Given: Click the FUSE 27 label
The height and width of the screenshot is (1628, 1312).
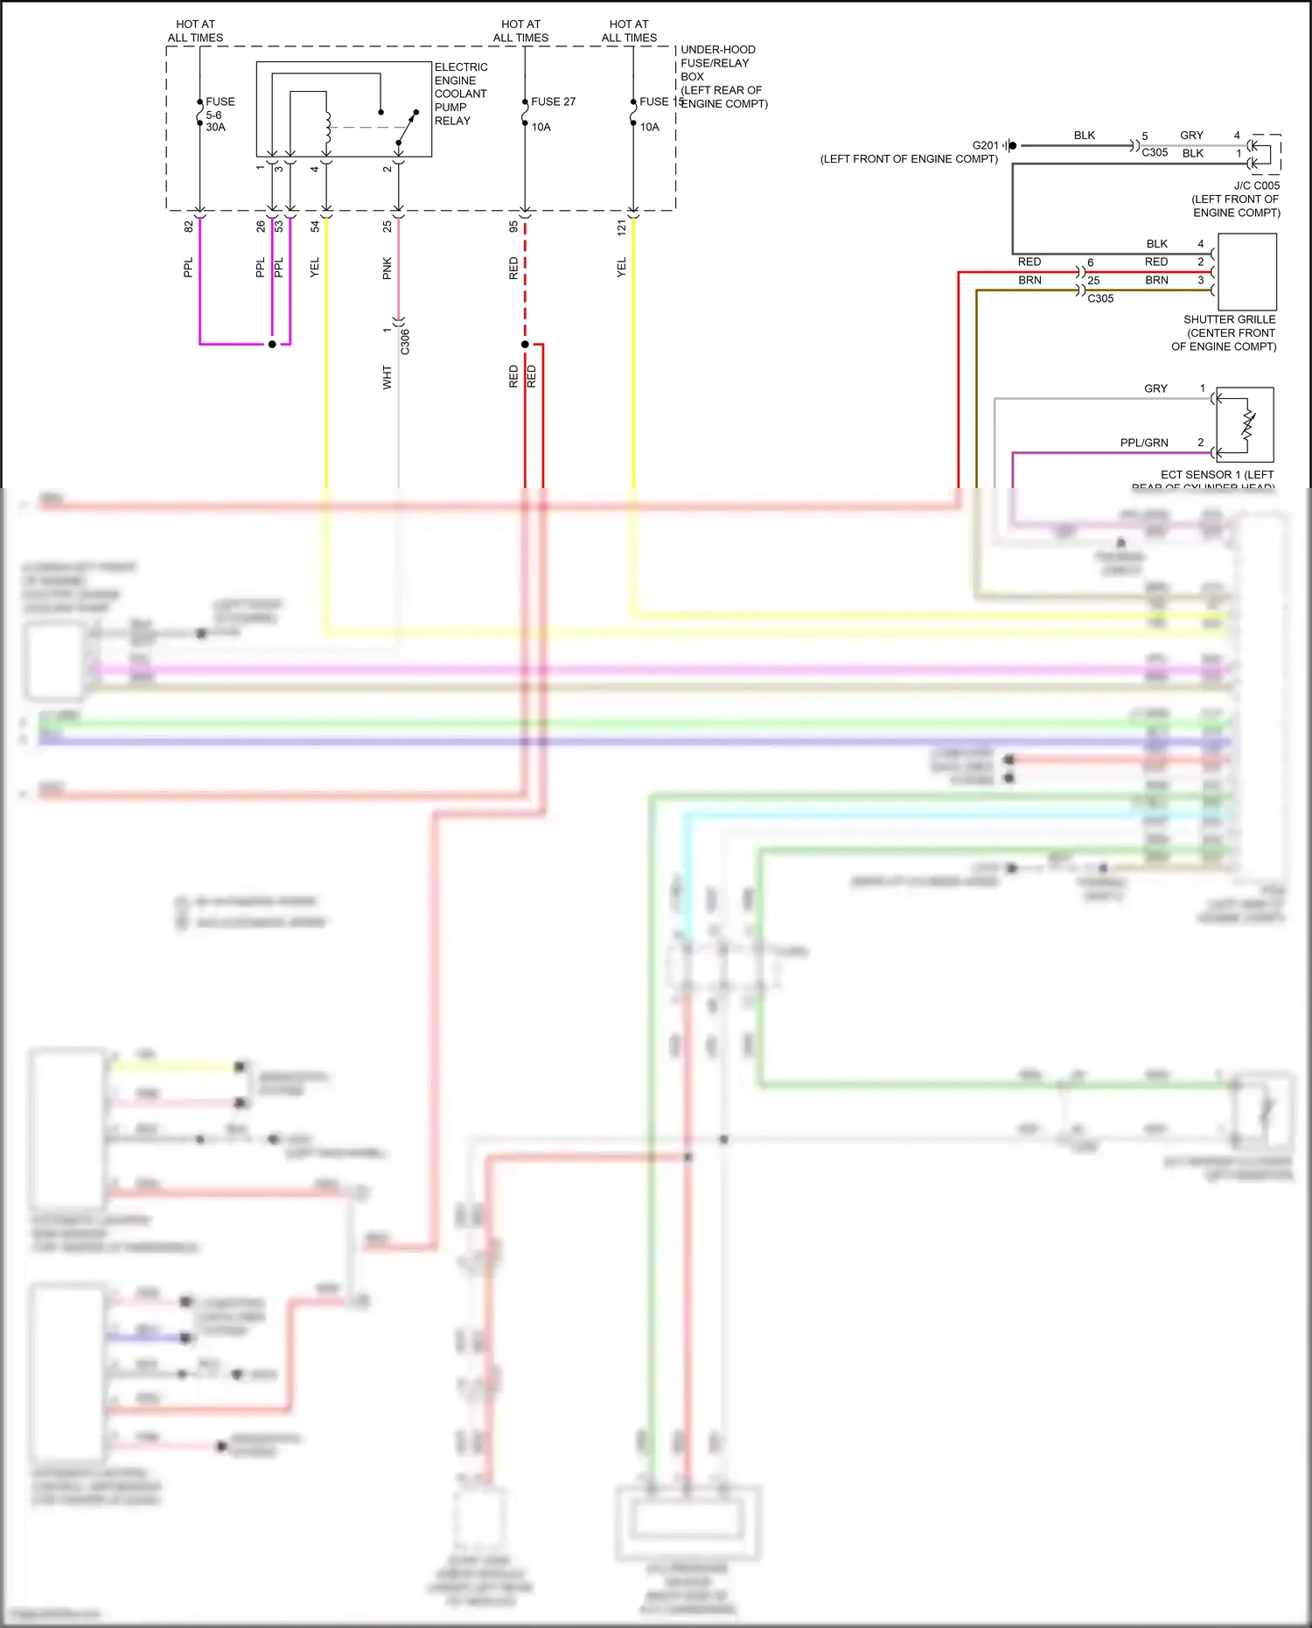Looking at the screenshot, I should click(553, 101).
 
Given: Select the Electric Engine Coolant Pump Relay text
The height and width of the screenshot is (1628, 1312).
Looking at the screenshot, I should click(460, 94).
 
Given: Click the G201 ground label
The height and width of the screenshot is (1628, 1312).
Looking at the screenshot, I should click(985, 145).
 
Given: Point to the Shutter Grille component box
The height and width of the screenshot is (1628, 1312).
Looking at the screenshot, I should click(1246, 271).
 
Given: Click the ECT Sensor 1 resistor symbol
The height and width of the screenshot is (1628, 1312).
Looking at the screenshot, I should click(1248, 425).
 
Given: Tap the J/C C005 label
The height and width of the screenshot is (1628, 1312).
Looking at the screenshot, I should click(1256, 185).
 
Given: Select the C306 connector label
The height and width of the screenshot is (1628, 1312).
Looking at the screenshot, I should click(405, 341).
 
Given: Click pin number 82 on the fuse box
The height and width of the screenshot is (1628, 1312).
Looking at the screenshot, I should click(189, 227).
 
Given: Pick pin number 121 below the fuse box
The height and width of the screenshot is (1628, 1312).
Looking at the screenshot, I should click(622, 227).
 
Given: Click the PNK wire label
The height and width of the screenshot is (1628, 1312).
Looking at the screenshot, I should click(387, 269).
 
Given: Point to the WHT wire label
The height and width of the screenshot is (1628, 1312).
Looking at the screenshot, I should click(387, 378).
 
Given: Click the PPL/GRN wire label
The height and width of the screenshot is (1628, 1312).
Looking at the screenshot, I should click(1143, 443).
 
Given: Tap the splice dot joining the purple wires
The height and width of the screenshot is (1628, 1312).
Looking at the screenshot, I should click(272, 344).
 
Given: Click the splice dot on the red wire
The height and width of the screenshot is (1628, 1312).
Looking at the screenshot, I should click(525, 344).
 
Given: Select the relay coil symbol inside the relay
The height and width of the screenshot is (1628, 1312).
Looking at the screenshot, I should click(328, 129).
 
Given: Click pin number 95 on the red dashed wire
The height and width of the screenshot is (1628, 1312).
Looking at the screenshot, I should click(513, 227).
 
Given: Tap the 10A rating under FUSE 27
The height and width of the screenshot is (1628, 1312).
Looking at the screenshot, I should click(541, 127).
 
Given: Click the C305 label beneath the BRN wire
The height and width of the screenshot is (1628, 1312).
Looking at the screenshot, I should click(1100, 298).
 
